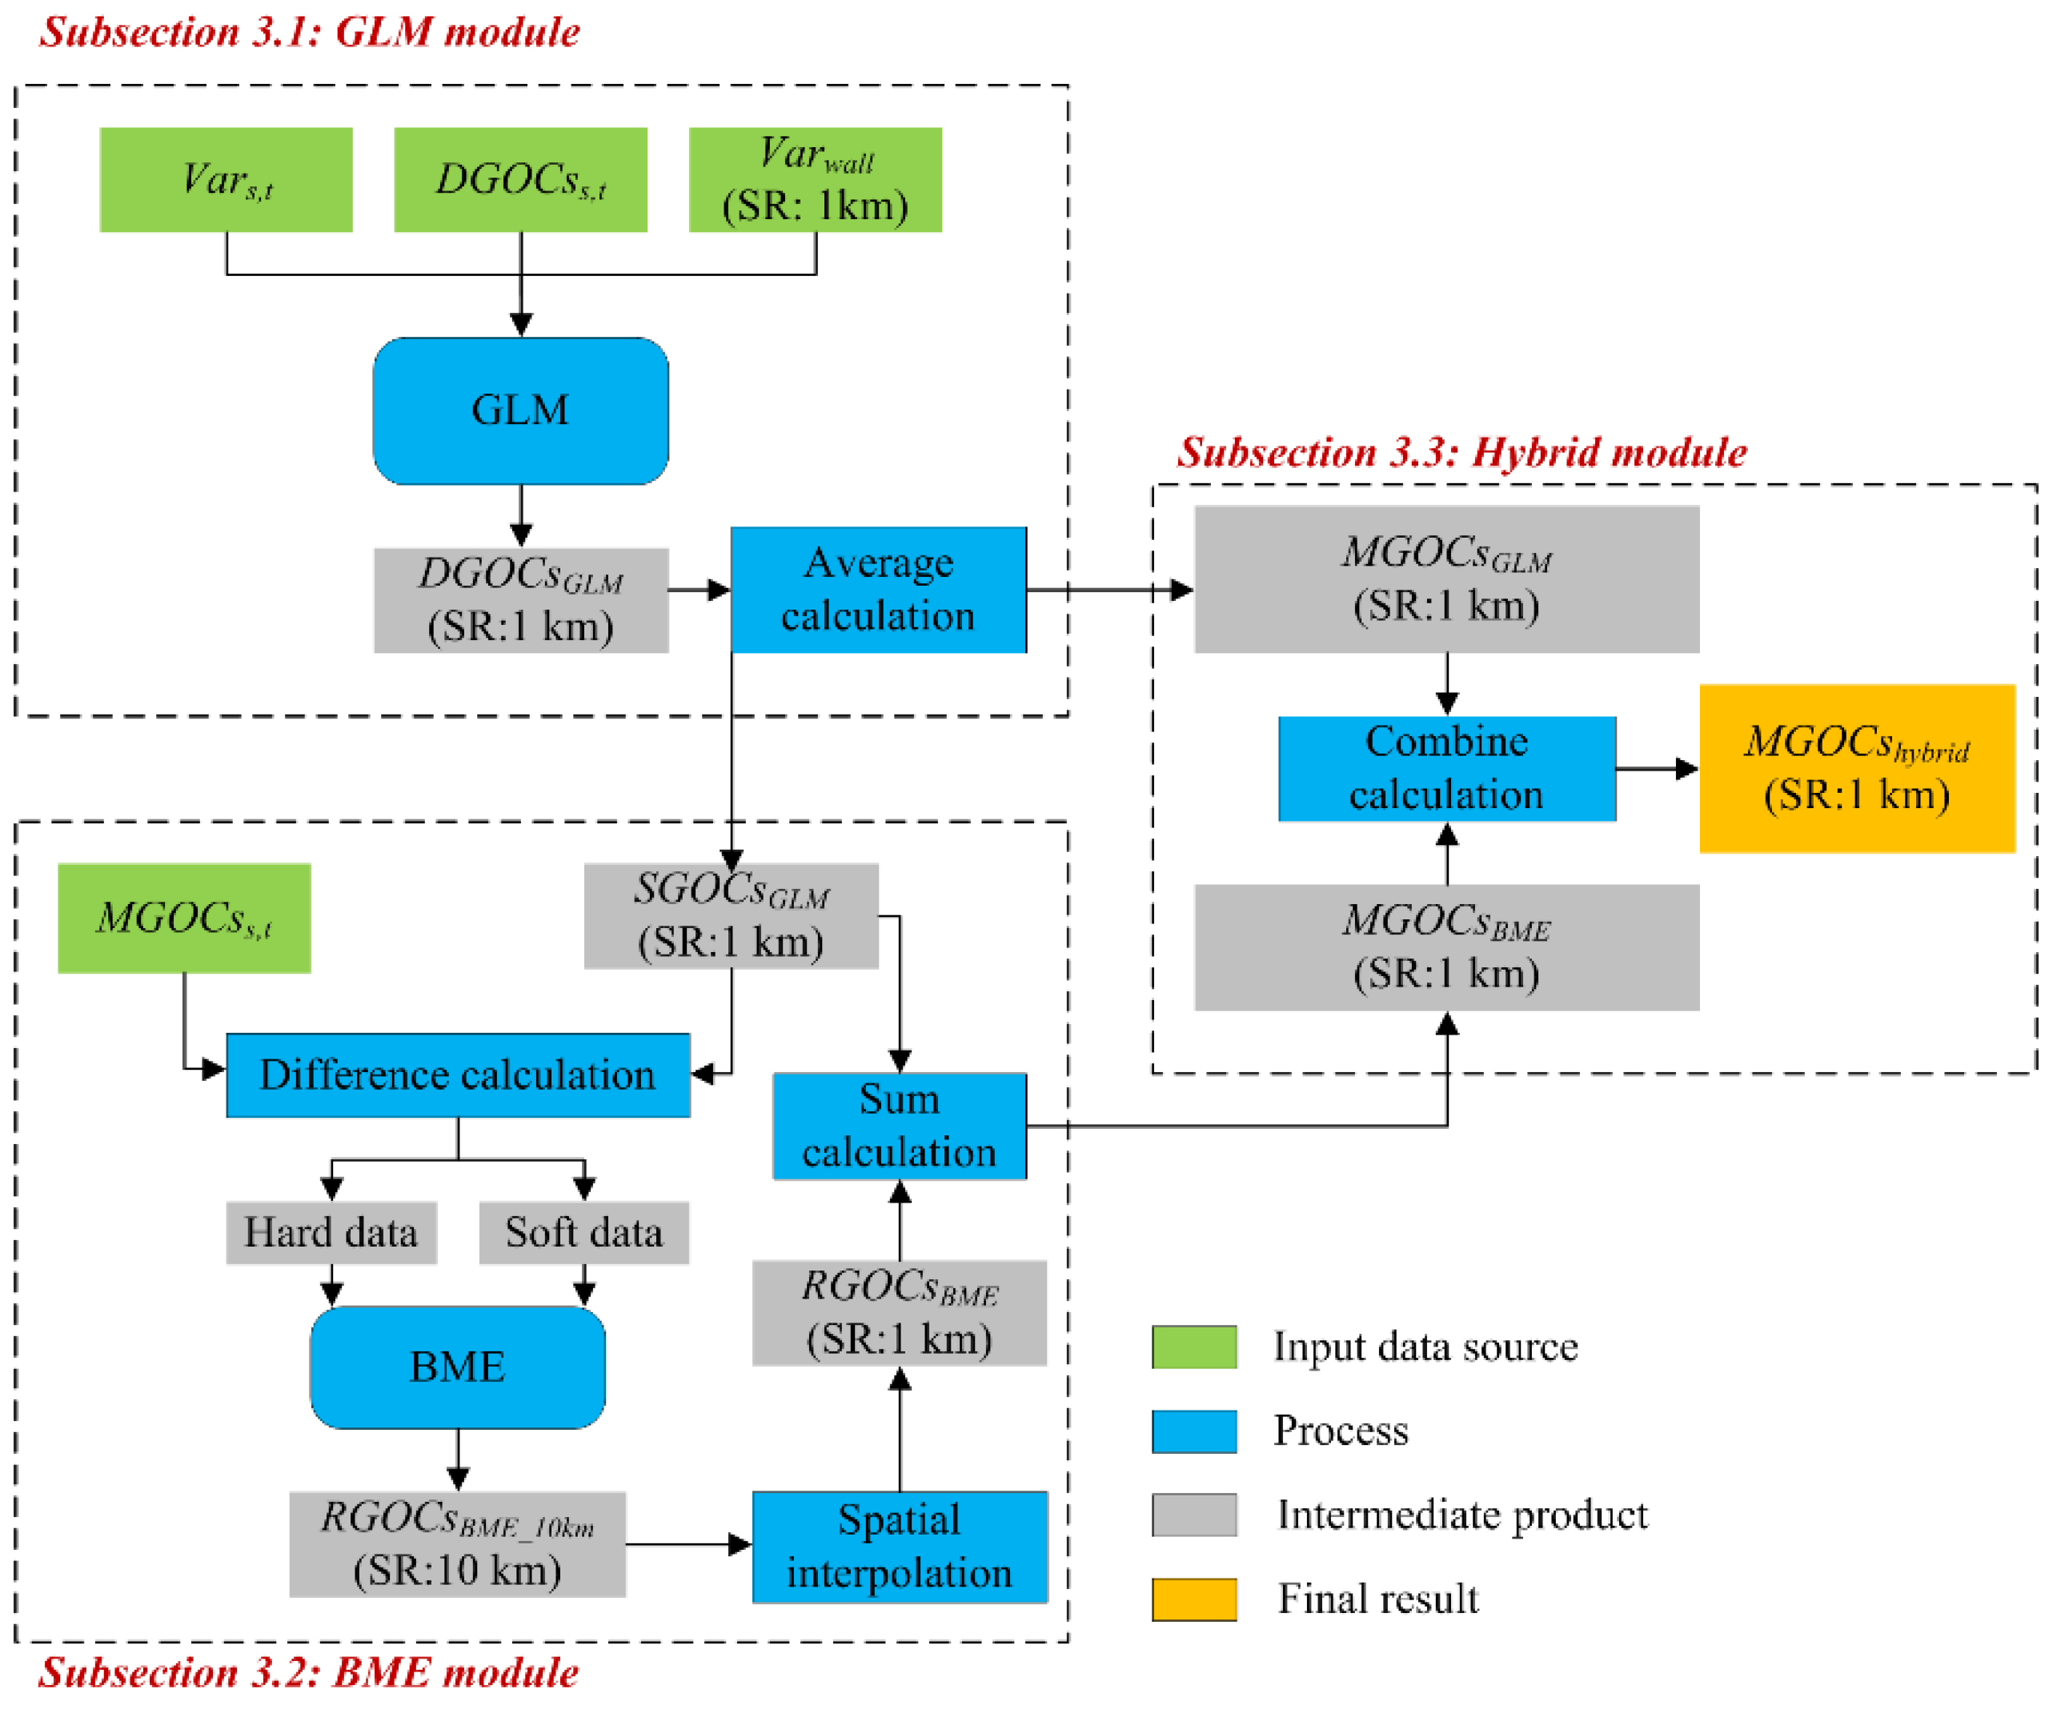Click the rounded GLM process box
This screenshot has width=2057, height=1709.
[520, 410]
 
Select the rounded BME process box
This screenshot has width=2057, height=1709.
[458, 1367]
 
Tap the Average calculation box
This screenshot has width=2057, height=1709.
[878, 590]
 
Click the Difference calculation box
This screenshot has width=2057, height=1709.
[458, 1075]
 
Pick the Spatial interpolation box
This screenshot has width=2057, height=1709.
[899, 1547]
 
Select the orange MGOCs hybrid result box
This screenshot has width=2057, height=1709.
[1856, 769]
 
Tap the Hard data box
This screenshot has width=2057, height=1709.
[331, 1232]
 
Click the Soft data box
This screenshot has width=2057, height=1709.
[583, 1232]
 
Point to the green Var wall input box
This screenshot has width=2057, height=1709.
[815, 179]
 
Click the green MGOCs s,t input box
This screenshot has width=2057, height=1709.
[184, 918]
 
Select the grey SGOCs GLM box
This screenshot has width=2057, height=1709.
[731, 916]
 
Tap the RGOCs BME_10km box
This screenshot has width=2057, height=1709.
[458, 1544]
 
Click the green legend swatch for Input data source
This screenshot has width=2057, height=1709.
[1193, 1347]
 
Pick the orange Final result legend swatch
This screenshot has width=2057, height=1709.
[1193, 1599]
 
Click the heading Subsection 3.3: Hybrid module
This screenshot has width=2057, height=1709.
[1462, 453]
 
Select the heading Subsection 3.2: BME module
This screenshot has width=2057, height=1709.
[309, 1673]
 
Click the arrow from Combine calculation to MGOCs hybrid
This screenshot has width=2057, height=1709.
[1656, 769]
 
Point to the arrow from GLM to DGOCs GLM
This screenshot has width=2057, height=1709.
[521, 515]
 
